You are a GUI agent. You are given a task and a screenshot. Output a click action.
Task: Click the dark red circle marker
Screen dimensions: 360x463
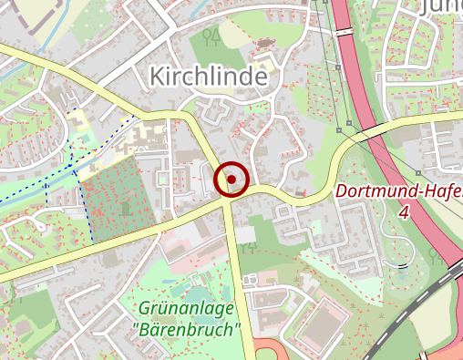click(x=231, y=180)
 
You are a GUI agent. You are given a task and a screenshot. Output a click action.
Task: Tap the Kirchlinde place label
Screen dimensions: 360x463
click(x=210, y=77)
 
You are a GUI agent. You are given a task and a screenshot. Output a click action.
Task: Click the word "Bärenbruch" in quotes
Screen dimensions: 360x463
click(x=186, y=329)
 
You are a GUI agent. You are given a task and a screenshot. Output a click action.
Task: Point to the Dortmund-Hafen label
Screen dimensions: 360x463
click(x=399, y=192)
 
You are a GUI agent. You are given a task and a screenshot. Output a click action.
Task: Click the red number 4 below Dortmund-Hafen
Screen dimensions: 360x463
click(x=404, y=211)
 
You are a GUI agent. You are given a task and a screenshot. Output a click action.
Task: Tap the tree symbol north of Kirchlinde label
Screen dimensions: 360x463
click(x=212, y=37)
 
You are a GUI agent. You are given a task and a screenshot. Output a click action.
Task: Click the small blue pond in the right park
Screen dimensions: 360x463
click(x=402, y=267)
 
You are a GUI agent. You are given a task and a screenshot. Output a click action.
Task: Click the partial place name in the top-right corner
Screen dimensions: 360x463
click(x=441, y=7)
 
